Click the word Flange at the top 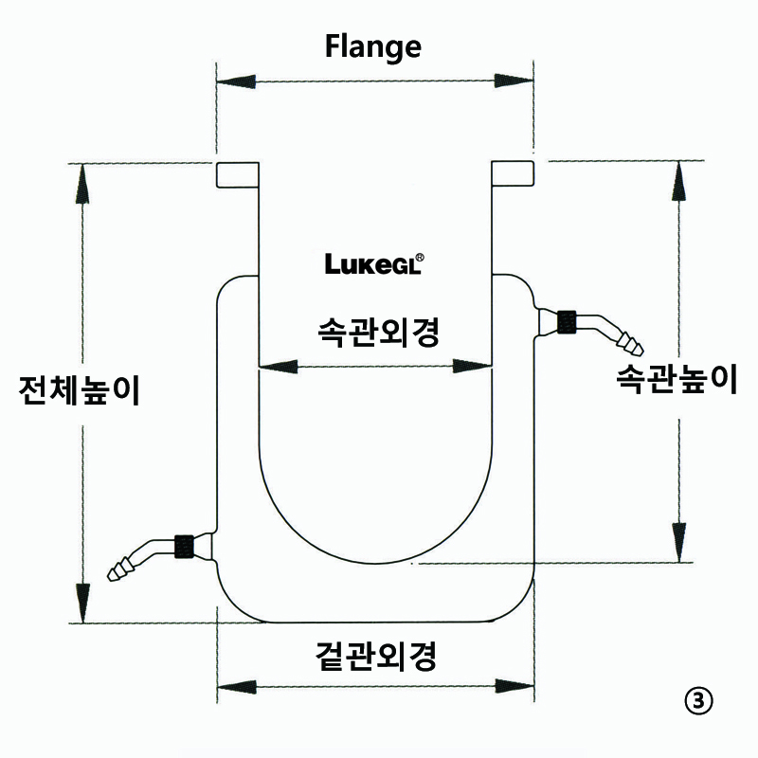(x=373, y=45)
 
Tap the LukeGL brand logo (x=374, y=262)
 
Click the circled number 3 (x=696, y=700)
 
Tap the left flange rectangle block (x=237, y=174)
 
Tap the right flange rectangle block (x=514, y=174)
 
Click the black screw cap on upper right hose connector (x=568, y=321)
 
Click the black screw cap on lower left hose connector (x=185, y=547)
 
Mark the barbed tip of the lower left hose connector (x=120, y=570)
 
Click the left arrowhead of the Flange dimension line (x=232, y=82)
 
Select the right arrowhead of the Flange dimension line (x=518, y=82)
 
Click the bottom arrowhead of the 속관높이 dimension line (x=678, y=542)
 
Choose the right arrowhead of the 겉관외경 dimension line (x=516, y=686)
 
